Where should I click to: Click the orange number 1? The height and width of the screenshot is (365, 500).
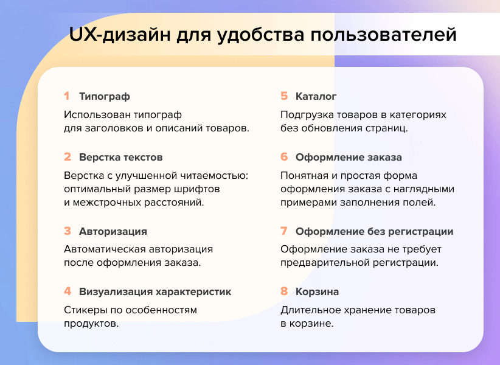[x=67, y=96]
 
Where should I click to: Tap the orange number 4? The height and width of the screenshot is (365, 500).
[x=68, y=291]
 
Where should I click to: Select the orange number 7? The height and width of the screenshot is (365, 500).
[x=284, y=231]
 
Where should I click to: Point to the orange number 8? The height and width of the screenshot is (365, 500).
[x=284, y=291]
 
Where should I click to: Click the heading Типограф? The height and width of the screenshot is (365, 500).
[x=105, y=96]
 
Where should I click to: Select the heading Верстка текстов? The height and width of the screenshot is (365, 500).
[x=121, y=157]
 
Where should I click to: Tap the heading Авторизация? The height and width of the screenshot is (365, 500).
[x=113, y=231]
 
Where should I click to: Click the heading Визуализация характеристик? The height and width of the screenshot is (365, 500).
[x=155, y=291]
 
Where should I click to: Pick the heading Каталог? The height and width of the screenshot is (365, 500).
[x=316, y=96]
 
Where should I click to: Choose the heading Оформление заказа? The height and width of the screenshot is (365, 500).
[x=349, y=157]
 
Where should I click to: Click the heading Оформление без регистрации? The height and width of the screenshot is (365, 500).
[x=374, y=231]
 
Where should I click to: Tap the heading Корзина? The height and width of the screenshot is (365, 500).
[x=318, y=291]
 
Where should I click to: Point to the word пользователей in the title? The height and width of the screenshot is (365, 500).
[x=384, y=35]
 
